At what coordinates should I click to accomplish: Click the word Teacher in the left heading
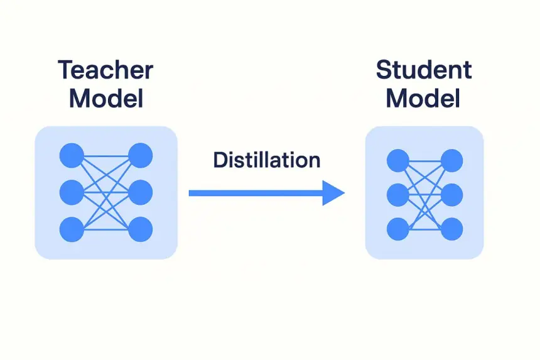click(x=105, y=70)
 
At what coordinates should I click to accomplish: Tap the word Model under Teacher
click(x=106, y=99)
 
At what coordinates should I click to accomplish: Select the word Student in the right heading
click(x=424, y=70)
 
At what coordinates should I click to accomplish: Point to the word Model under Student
click(x=423, y=99)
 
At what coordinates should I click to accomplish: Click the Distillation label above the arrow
click(x=267, y=160)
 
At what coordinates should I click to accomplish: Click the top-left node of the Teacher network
click(x=72, y=156)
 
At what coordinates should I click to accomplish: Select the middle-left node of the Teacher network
click(x=72, y=193)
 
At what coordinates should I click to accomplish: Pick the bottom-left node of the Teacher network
click(x=72, y=229)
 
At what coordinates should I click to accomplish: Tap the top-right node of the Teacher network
click(x=141, y=156)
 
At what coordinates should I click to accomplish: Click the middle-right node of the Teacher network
click(x=141, y=193)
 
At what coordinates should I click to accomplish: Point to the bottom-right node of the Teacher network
click(x=141, y=229)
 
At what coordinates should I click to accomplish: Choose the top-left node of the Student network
click(x=398, y=161)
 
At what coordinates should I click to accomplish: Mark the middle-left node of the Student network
click(x=398, y=195)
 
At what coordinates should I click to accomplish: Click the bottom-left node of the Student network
click(x=398, y=229)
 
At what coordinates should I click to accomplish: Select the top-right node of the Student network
click(x=452, y=161)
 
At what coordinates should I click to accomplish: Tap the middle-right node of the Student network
click(x=452, y=195)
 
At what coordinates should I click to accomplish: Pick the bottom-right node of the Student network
click(x=452, y=229)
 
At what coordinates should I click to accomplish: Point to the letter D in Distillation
click(x=220, y=160)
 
